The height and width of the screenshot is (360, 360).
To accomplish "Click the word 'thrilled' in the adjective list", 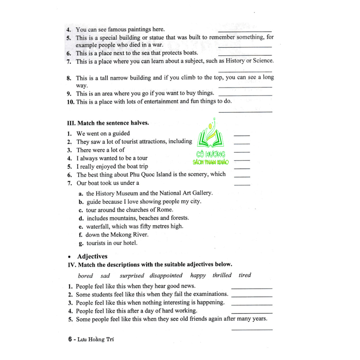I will tap(222, 275).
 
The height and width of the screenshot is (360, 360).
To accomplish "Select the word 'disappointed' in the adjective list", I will tap(166, 275).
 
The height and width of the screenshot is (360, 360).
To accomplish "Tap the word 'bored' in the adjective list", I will tap(85, 276).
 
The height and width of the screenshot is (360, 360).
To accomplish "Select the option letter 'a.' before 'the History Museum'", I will tap(81, 193).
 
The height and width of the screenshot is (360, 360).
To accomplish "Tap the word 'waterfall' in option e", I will tap(98, 226).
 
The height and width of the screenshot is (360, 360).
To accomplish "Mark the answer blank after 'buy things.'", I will tap(245, 94).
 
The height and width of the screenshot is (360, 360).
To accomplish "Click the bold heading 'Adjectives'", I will tap(92, 256).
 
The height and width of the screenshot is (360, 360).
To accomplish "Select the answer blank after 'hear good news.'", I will tap(252, 288).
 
